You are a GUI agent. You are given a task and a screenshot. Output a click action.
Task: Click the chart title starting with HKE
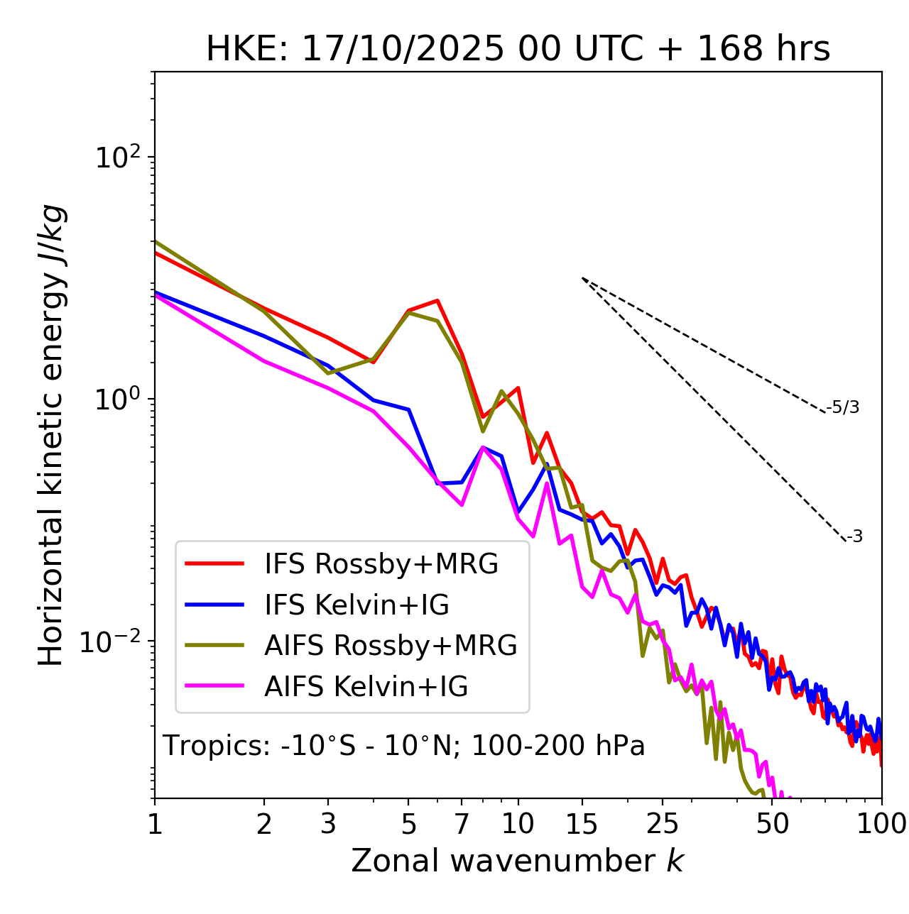coord(518,50)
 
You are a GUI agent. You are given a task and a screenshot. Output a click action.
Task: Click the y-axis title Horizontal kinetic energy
coord(51,435)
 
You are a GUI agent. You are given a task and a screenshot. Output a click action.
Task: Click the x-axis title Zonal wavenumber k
coord(517,861)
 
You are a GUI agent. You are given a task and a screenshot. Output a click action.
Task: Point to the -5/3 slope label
coord(843,407)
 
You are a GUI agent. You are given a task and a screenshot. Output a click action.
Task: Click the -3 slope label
coord(854,536)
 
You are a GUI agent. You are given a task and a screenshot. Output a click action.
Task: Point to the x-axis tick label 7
coord(462,824)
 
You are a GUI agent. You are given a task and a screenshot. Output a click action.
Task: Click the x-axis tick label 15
coord(582,824)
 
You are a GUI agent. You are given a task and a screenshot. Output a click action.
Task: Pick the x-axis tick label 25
coord(663,824)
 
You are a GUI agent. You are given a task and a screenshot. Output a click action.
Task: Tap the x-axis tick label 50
coord(772,824)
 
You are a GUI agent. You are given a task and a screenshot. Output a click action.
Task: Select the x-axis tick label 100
coord(881,824)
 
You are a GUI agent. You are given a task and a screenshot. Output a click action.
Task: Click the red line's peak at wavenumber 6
coord(437,300)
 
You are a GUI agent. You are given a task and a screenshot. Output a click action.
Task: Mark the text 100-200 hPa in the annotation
coord(558,746)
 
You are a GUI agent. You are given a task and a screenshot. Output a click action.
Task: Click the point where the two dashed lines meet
coord(582,278)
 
